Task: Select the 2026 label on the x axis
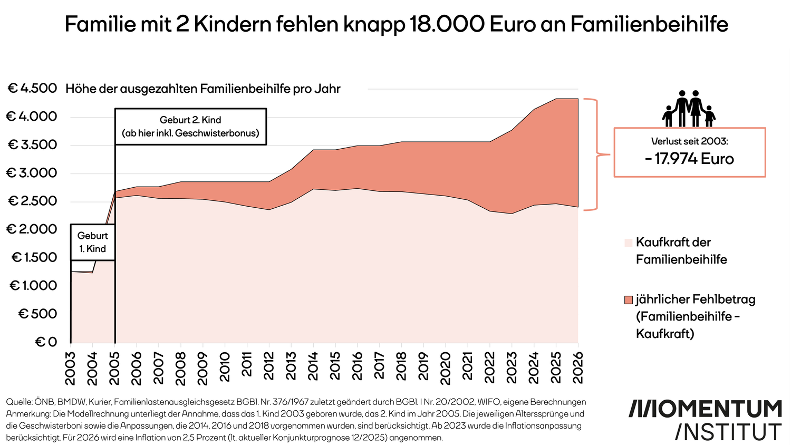(x=578, y=367)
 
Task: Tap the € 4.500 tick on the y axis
(x=32, y=89)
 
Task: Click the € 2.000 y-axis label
(x=31, y=229)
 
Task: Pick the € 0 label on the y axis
(x=46, y=342)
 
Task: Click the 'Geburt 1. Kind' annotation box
(x=93, y=242)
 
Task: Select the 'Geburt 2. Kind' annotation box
(x=190, y=127)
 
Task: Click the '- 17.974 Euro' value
(x=689, y=159)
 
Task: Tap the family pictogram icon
(x=689, y=109)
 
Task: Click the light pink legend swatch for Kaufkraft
(x=628, y=243)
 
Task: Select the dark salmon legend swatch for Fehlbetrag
(x=628, y=300)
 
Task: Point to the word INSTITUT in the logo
(x=728, y=432)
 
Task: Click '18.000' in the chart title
(x=447, y=24)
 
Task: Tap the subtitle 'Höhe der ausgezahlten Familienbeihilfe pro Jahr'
(x=203, y=89)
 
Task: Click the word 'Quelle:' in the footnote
(x=18, y=402)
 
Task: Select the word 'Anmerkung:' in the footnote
(x=28, y=414)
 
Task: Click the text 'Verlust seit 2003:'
(x=689, y=141)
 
